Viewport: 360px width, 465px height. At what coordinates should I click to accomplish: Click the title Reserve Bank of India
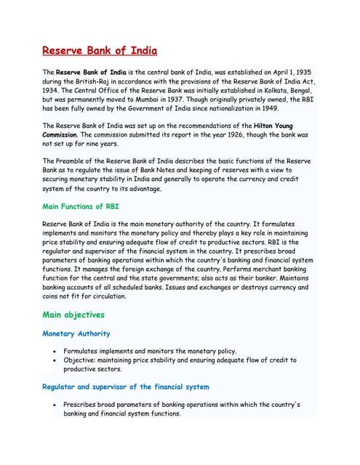click(x=99, y=52)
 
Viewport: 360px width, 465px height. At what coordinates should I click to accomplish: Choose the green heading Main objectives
click(x=73, y=315)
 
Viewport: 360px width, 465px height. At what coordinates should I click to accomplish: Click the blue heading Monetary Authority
click(x=76, y=333)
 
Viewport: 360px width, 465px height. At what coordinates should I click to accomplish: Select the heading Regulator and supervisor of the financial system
click(x=125, y=387)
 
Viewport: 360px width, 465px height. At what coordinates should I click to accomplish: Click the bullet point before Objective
click(x=55, y=360)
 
